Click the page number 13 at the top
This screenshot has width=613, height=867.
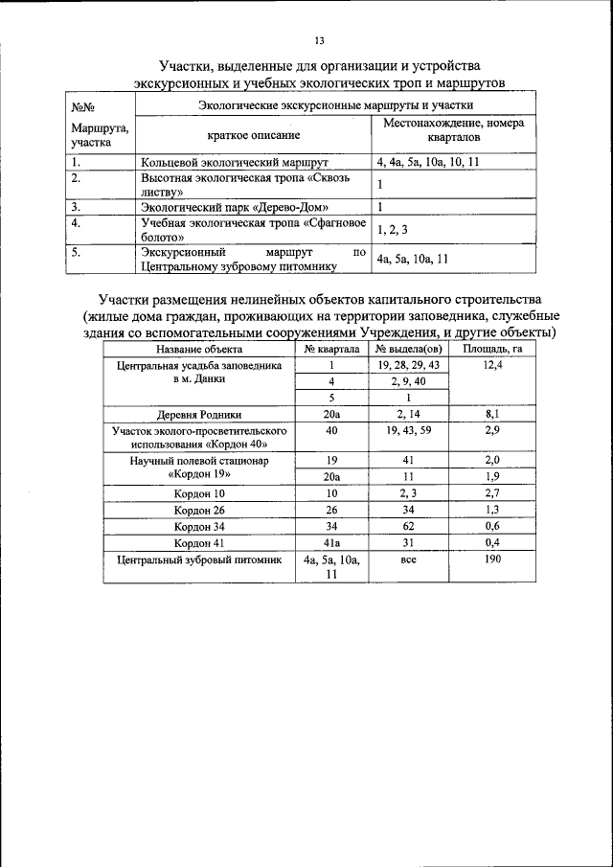point(320,40)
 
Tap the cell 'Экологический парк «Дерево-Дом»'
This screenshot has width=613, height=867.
point(234,206)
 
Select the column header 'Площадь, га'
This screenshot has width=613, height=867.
point(492,349)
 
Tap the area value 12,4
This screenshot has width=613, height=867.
point(492,365)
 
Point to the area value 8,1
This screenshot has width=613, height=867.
point(492,415)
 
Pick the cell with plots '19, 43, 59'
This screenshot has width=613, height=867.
point(407,431)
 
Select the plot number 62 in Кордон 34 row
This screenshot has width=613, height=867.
point(407,526)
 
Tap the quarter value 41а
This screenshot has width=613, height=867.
point(331,542)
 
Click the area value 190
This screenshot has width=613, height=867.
point(492,559)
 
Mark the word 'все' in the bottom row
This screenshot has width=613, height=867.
point(407,559)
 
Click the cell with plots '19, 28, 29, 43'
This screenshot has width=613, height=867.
point(407,365)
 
